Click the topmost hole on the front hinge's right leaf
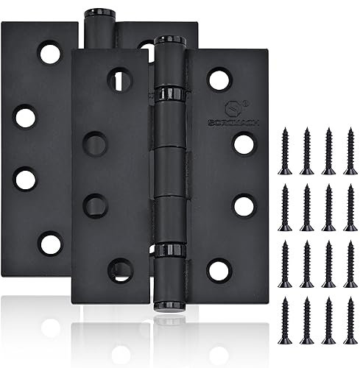coord(217,78)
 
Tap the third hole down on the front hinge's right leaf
coord(243,204)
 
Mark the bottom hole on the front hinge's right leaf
coord(217,269)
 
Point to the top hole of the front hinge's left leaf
coord(118,78)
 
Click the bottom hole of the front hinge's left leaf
coord(118,268)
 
